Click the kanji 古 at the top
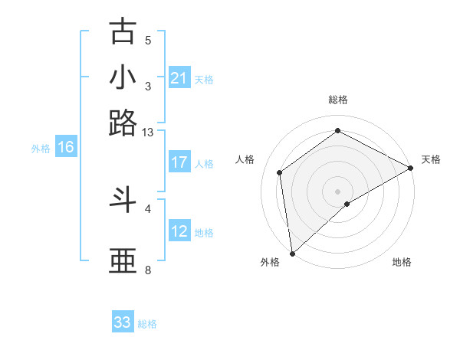pyautogui.click(x=123, y=31)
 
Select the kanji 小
pyautogui.click(x=123, y=77)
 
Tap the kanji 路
pyautogui.click(x=123, y=123)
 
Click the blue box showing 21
pyautogui.click(x=179, y=78)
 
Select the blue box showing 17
pyautogui.click(x=179, y=162)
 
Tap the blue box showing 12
pyautogui.click(x=179, y=231)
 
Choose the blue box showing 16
pyautogui.click(x=66, y=148)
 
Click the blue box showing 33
pyautogui.click(x=123, y=322)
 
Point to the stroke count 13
pyautogui.click(x=148, y=133)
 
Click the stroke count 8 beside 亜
pyautogui.click(x=148, y=270)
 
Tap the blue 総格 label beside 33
pyautogui.click(x=147, y=324)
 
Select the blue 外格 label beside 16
pyautogui.click(x=41, y=149)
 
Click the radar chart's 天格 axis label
pyautogui.click(x=431, y=159)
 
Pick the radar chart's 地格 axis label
pyautogui.click(x=402, y=263)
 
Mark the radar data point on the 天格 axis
pyautogui.click(x=411, y=167)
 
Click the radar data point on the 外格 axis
pyautogui.click(x=291, y=254)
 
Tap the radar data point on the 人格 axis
pyautogui.click(x=280, y=172)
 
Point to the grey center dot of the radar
pyautogui.click(x=337, y=191)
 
